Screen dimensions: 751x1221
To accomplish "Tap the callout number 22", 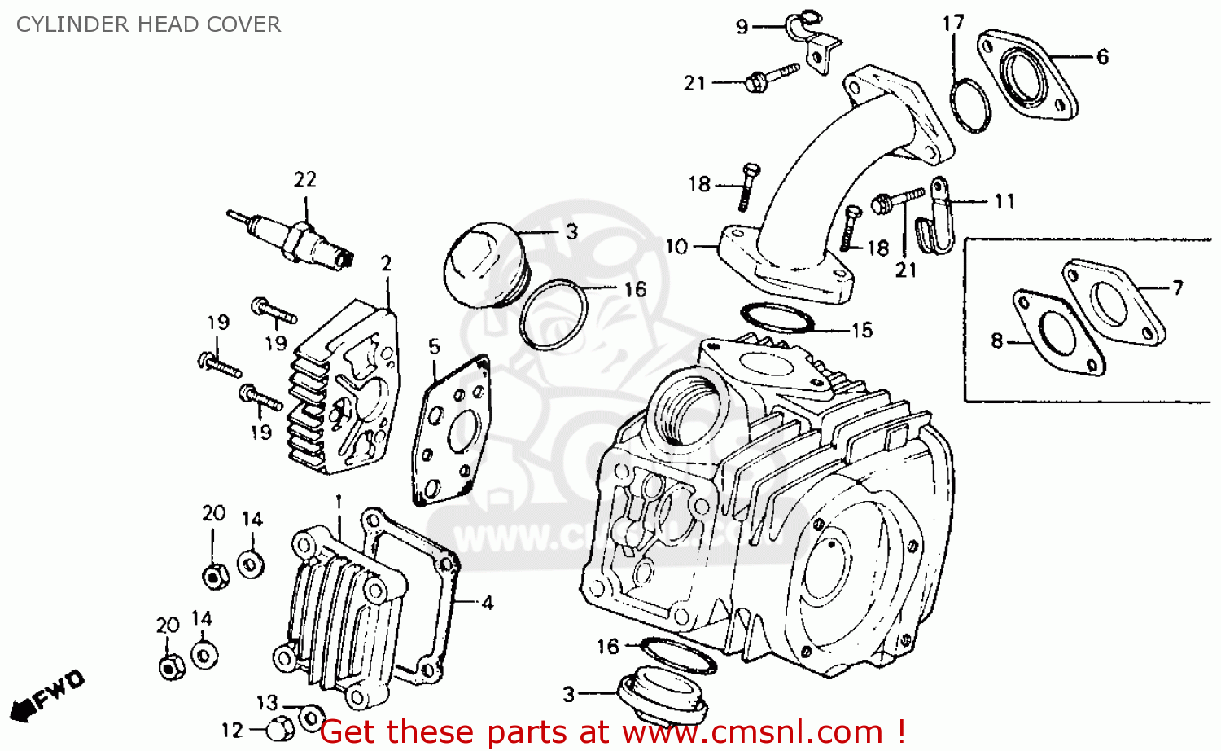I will coord(304,179).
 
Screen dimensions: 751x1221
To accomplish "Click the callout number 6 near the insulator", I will coord(1102,56).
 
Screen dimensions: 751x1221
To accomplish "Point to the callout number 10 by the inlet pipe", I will coord(676,247).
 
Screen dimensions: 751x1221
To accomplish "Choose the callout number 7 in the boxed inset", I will coord(1177,288).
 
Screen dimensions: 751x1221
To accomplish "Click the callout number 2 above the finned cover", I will coord(386,264).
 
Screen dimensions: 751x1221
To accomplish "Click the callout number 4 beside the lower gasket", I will coord(487,603).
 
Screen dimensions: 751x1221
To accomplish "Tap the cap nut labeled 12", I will coord(280,727).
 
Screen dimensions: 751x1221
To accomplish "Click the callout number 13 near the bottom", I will coord(267,702).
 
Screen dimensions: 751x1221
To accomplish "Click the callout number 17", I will coord(953,23).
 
